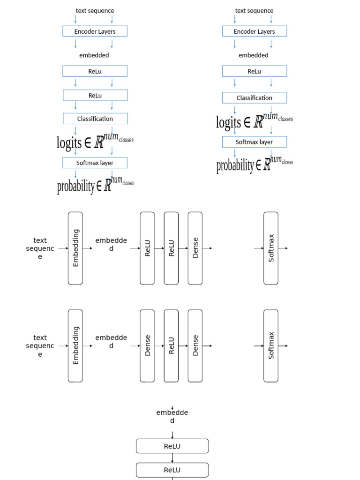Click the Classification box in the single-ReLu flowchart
254,98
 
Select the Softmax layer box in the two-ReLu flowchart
95,163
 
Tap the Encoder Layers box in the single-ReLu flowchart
254,31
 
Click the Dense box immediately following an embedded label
147,345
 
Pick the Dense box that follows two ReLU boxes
195,248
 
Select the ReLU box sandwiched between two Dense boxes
171,345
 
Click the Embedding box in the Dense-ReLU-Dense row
75,345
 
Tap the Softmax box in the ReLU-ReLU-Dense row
271,248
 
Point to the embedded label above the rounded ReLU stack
172,416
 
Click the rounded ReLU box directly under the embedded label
172,446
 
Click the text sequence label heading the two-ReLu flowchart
95,11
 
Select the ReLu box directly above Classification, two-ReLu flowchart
95,95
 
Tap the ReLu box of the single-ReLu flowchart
254,71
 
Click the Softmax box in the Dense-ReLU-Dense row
271,345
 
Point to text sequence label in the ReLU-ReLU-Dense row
40,248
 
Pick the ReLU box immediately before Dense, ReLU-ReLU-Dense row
171,248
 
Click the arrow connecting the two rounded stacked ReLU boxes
172,458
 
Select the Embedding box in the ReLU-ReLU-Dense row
75,248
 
